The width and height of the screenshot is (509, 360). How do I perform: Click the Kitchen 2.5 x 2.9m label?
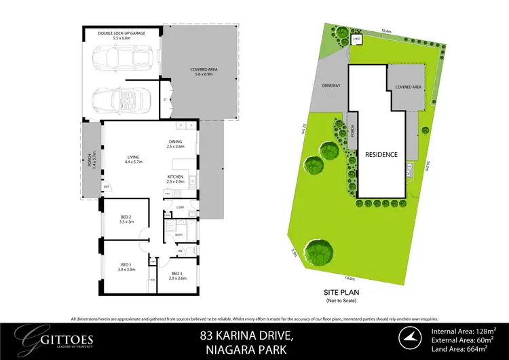[x=176, y=179]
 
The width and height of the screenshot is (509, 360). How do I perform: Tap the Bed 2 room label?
[x=126, y=219]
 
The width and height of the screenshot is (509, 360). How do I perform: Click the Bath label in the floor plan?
[x=179, y=235]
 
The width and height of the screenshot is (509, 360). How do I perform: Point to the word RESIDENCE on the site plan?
[x=381, y=154]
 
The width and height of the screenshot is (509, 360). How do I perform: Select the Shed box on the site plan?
[x=356, y=39]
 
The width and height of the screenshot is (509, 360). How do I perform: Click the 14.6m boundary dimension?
[x=350, y=278]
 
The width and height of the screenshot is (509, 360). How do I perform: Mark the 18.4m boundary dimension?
[x=387, y=31]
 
